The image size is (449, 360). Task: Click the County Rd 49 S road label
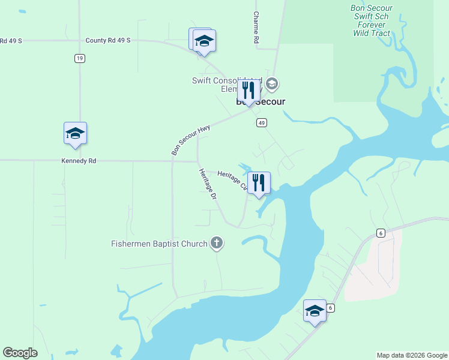(108, 40)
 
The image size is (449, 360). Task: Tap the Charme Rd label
(256, 27)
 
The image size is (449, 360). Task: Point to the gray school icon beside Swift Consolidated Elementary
(271, 83)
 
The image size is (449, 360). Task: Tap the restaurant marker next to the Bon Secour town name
(248, 91)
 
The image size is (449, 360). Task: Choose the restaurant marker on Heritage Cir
(259, 182)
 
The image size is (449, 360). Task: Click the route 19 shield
(80, 58)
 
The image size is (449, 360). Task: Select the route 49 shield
(261, 122)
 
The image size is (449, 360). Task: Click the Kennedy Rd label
(78, 161)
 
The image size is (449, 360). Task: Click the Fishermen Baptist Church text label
(159, 244)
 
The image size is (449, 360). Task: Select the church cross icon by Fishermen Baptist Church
(217, 243)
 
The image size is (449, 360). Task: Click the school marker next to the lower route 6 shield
(315, 310)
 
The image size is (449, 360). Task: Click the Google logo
(20, 353)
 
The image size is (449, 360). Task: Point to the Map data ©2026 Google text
(411, 355)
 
